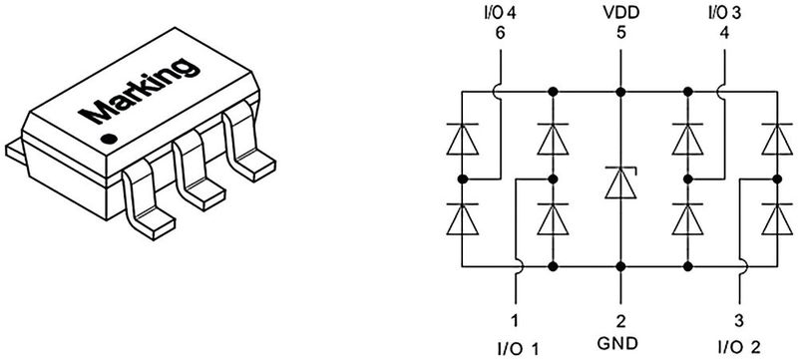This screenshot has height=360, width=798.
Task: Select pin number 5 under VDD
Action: coord(619,34)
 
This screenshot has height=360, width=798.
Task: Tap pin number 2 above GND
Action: coord(619,321)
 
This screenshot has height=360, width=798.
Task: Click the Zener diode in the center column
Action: coord(619,182)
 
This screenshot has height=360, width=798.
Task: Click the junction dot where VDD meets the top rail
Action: coord(619,92)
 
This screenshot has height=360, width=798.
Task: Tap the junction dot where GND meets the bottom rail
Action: coord(619,267)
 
